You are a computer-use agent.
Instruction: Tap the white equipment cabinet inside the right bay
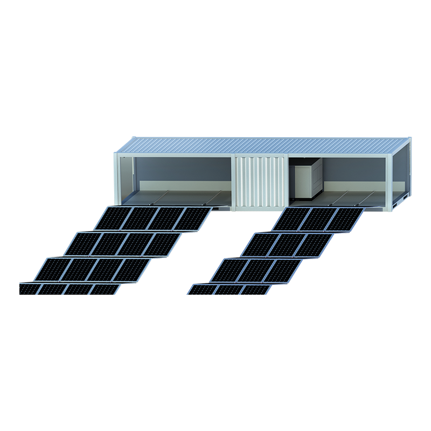[x=308, y=180]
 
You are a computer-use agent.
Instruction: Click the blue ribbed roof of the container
[x=264, y=144]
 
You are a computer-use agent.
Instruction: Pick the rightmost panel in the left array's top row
[x=192, y=219]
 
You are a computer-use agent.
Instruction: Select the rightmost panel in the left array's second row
[x=162, y=244]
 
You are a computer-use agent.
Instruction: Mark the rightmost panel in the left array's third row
[x=131, y=269]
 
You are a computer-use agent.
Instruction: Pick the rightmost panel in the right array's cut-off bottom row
[x=256, y=290]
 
